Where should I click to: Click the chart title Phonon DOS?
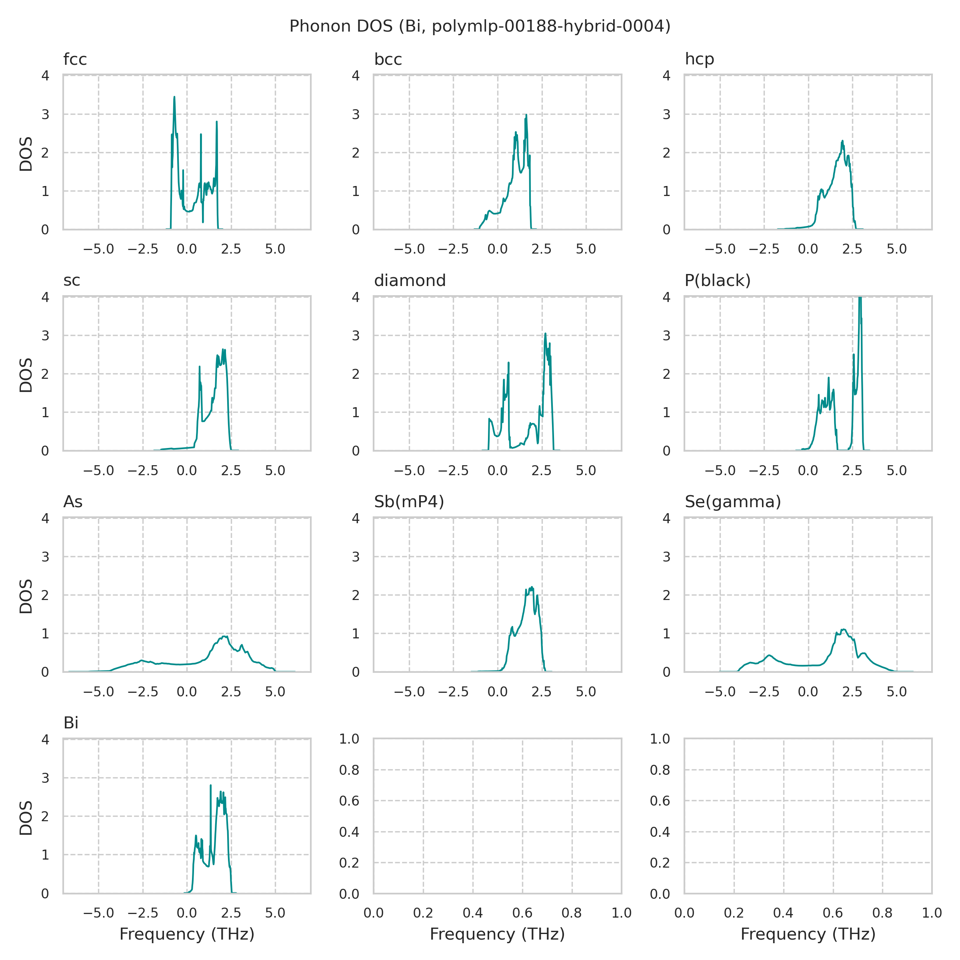pos(480,26)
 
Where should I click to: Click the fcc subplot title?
pos(75,60)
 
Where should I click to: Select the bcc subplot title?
pos(388,60)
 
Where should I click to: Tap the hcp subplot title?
pos(699,59)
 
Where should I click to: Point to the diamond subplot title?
pos(410,281)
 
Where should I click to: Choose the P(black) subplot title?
pos(717,281)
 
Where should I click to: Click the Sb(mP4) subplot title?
pos(408,502)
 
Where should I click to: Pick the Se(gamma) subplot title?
pos(732,502)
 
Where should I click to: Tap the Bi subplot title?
pos(71,723)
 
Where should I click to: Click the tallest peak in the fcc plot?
pos(174,97)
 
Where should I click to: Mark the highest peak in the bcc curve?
pos(526,115)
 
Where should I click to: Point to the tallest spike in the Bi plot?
pos(211,786)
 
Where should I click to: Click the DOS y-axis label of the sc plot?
pos(26,375)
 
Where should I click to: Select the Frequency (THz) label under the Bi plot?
pos(187,934)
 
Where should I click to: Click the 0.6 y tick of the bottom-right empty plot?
pos(660,801)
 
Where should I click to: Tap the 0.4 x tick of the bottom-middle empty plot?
pos(472,913)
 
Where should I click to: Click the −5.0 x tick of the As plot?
pos(98,692)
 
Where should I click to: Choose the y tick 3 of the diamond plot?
pos(355,336)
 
